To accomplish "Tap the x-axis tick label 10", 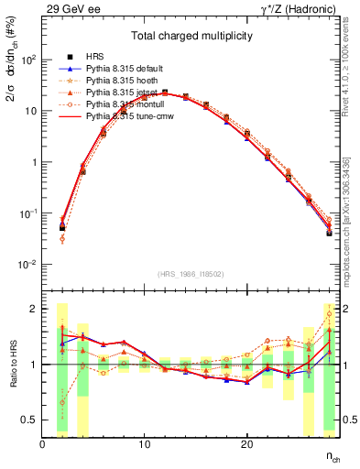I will tap(144, 444).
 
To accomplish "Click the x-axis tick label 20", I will tap(246, 444).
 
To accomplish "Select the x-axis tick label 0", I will tap(42, 444).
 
